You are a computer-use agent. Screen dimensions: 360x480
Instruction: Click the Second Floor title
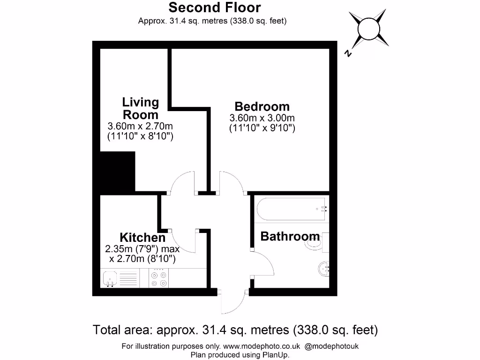214,7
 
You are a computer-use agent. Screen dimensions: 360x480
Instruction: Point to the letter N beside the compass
348,53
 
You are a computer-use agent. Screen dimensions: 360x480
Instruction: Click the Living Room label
140,108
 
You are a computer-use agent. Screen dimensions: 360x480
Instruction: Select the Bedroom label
262,106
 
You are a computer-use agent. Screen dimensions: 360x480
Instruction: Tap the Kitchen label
142,237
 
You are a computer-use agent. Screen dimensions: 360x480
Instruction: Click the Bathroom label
290,236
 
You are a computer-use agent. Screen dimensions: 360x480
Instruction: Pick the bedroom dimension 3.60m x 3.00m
262,118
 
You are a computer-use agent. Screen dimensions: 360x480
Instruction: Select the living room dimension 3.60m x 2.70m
140,126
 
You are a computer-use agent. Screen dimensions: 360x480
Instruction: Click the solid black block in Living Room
118,172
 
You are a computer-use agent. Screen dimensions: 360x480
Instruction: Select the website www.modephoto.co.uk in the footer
262,346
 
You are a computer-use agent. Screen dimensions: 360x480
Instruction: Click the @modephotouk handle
331,346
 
